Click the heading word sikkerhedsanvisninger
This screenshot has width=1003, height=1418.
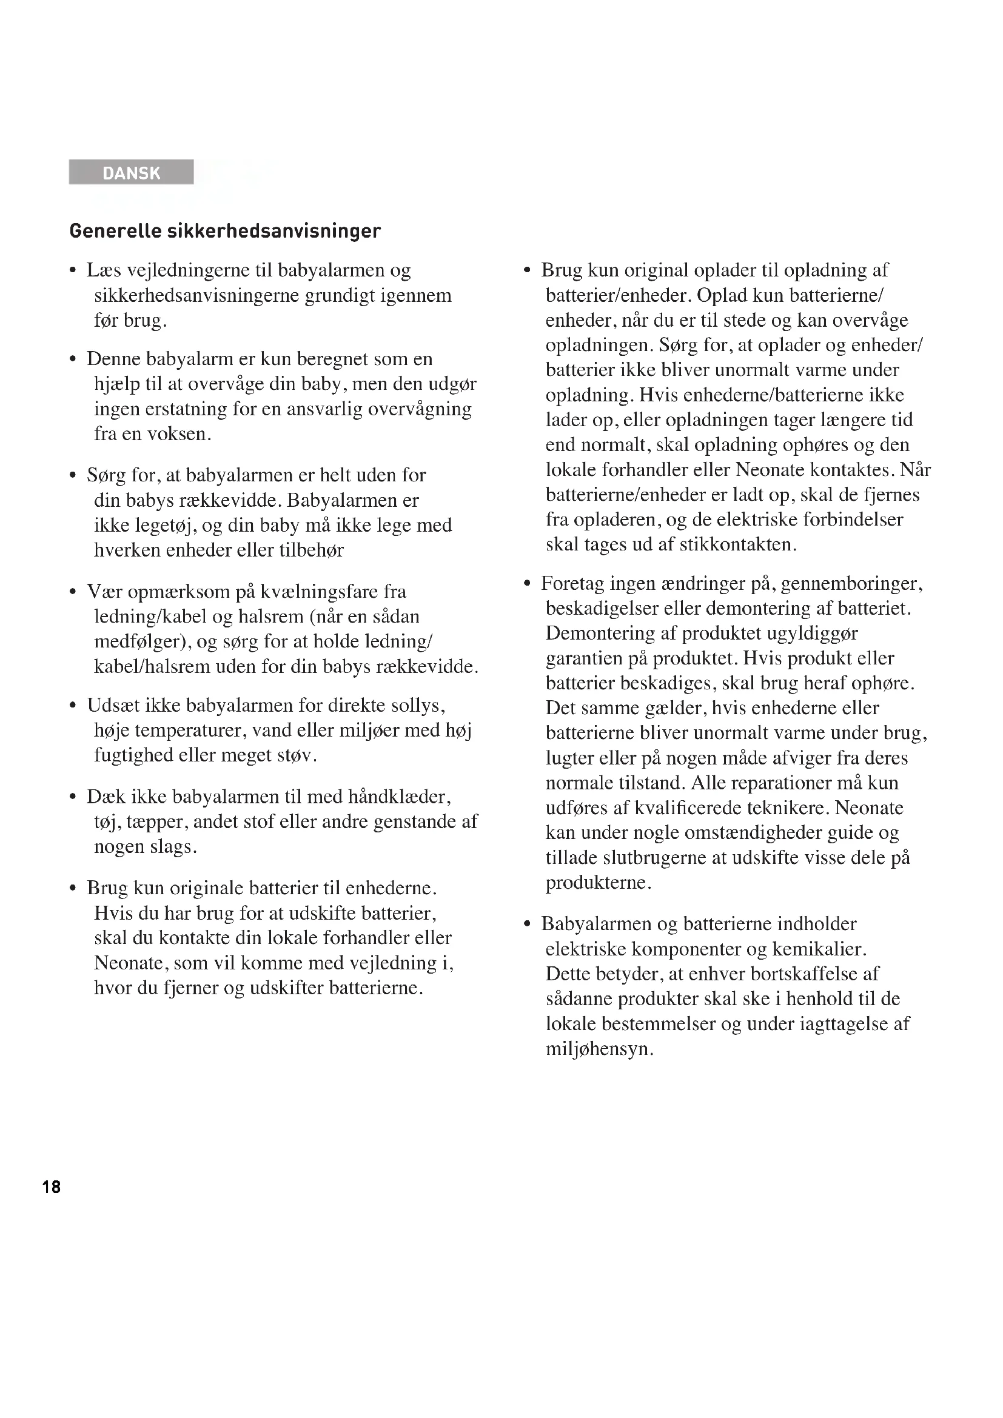[273, 231]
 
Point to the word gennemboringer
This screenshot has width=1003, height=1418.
[851, 584]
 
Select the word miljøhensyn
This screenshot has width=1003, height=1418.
[599, 1049]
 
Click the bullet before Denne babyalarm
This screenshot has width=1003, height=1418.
[73, 360]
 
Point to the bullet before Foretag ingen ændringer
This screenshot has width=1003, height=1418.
[528, 584]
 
